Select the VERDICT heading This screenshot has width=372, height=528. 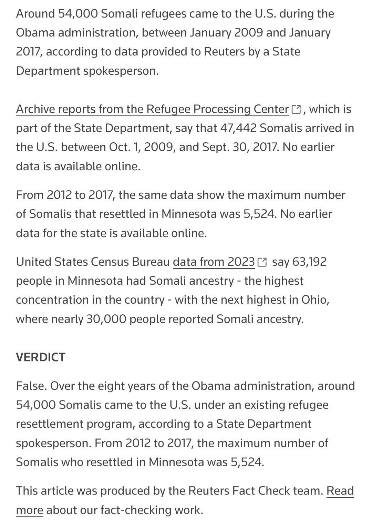click(x=41, y=357)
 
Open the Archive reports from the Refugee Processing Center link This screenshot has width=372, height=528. click(x=152, y=109)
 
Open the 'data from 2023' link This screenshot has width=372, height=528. click(x=214, y=262)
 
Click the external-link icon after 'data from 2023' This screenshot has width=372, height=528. click(x=262, y=262)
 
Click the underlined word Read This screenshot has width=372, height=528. click(x=340, y=491)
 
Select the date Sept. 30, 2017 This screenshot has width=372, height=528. click(x=241, y=147)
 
